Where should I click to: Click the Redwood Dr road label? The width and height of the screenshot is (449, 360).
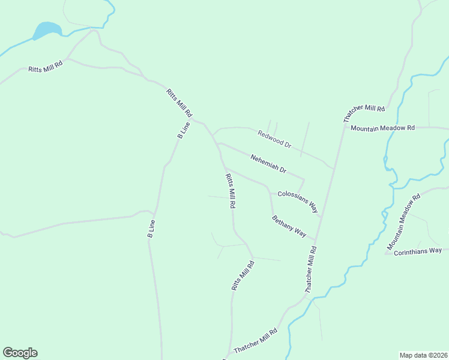pyautogui.click(x=274, y=140)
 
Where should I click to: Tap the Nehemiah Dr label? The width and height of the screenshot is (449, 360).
pyautogui.click(x=268, y=163)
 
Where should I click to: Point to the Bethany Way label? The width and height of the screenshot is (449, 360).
pyautogui.click(x=289, y=226)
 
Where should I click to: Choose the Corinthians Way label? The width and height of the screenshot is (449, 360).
pyautogui.click(x=418, y=251)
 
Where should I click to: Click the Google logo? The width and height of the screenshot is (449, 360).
pyautogui.click(x=20, y=353)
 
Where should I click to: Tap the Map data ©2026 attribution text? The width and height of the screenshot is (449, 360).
pyautogui.click(x=423, y=355)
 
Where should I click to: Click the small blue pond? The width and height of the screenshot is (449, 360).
pyautogui.click(x=47, y=30)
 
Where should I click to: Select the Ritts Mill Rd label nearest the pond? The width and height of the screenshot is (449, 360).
pyautogui.click(x=46, y=67)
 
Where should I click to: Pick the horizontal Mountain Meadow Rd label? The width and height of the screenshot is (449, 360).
pyautogui.click(x=383, y=128)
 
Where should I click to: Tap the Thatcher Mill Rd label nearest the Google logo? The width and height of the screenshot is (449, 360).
pyautogui.click(x=256, y=340)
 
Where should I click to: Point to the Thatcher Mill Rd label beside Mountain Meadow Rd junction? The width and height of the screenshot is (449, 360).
pyautogui.click(x=364, y=109)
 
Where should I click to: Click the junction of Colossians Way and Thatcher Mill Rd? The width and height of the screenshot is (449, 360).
pyautogui.click(x=321, y=217)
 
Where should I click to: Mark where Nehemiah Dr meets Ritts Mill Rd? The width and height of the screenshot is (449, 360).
pyautogui.click(x=217, y=143)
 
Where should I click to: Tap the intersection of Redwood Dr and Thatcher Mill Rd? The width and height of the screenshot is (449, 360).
pyautogui.click(x=333, y=168)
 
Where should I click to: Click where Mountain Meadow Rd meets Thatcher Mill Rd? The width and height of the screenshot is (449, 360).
pyautogui.click(x=345, y=127)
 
